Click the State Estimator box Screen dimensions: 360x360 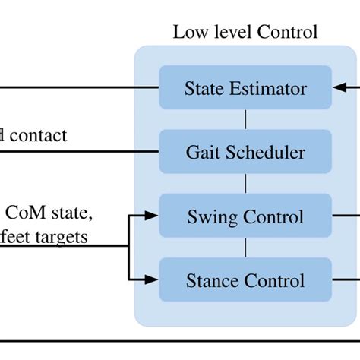click(245, 88)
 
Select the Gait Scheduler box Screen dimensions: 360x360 click(245, 152)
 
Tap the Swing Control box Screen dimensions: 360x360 click(245, 217)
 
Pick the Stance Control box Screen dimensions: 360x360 click(245, 281)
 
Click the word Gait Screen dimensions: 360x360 click(201, 153)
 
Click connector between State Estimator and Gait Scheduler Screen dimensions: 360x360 click(245, 119)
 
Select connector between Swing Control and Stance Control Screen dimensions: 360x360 click(245, 249)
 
